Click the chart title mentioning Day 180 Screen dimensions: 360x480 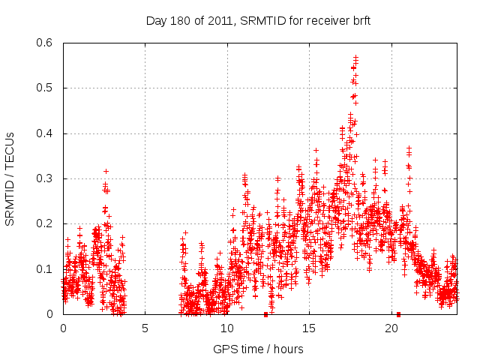(258, 19)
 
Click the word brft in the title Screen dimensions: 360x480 (359, 19)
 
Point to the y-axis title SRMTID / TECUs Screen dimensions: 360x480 (10, 178)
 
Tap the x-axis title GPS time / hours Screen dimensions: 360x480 (258, 349)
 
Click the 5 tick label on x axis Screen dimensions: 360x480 (145, 328)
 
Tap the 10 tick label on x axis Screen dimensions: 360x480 (227, 328)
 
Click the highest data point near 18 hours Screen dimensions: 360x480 (356, 56)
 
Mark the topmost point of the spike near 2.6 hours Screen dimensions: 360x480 (106, 171)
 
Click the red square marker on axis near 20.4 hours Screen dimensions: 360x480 (398, 314)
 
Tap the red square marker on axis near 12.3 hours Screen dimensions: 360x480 (265, 314)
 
